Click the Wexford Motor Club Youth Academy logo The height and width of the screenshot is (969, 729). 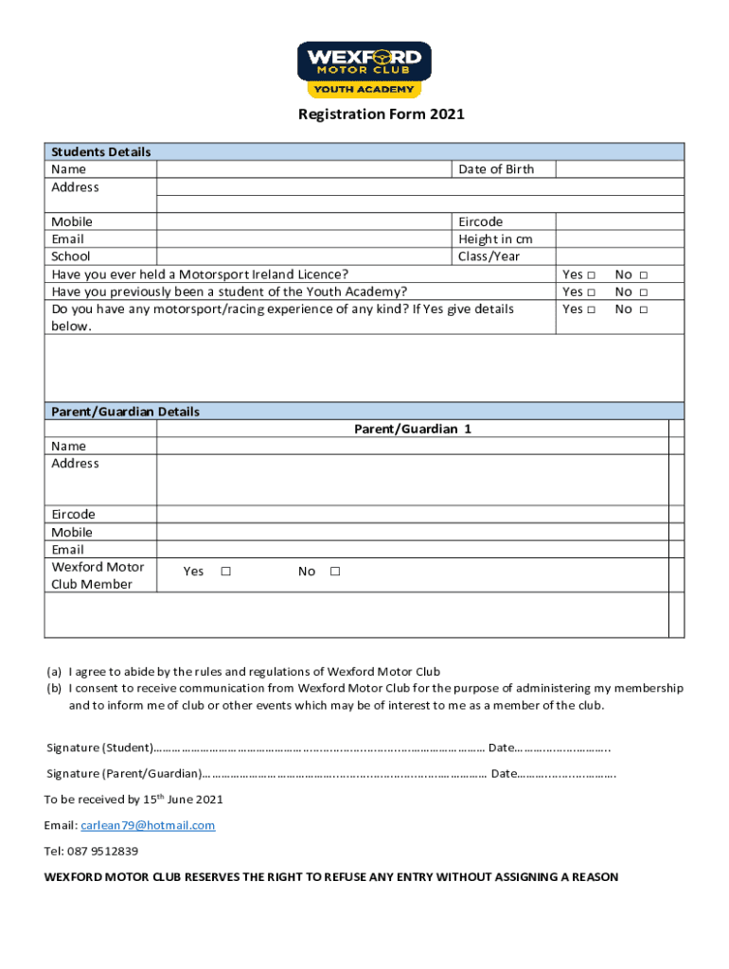pos(364,69)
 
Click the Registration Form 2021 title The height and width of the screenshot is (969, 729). pos(382,115)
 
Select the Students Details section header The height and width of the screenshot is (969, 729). pos(101,151)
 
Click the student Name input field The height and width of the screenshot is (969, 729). pos(304,169)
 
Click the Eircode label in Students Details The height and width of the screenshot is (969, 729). pos(480,221)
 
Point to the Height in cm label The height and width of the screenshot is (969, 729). pos(495,239)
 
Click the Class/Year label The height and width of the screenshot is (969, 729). pos(489,256)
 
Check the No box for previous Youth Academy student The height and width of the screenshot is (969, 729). pos(643,292)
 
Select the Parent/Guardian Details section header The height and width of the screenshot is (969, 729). pos(126,412)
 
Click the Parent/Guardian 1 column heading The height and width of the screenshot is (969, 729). pos(412,429)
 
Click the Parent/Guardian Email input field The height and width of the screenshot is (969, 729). pos(412,550)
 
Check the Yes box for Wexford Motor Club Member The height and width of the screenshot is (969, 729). pos(225,572)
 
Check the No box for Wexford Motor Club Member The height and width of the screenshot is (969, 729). pos(335,572)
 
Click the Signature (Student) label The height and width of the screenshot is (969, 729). pos(99,748)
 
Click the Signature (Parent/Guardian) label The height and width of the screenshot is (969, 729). pos(123,773)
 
